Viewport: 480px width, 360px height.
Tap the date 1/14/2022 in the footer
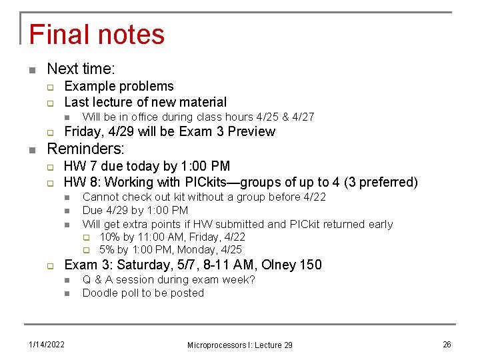(46, 344)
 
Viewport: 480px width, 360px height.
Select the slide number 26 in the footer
(447, 344)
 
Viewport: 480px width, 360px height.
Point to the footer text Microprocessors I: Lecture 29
(239, 345)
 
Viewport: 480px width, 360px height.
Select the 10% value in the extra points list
(110, 237)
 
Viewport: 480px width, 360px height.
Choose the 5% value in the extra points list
(107, 250)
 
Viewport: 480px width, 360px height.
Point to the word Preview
(251, 131)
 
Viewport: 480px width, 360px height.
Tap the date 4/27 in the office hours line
(302, 117)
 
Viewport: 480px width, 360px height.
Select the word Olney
(278, 265)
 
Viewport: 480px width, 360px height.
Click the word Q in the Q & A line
(87, 279)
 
